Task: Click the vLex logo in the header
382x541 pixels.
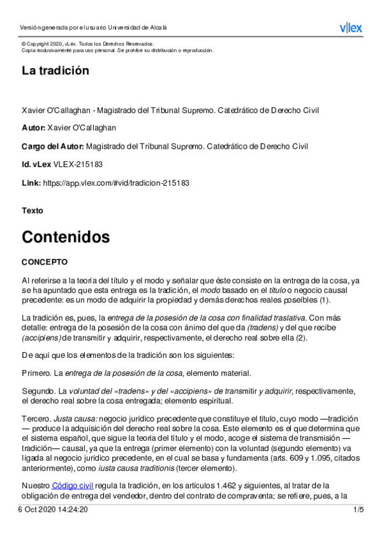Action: coord(350,27)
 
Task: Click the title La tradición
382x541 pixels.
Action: coord(55,71)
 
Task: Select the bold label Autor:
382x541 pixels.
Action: coord(33,128)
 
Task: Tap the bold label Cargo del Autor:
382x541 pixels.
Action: coord(52,146)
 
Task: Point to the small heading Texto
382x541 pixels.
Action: coord(33,210)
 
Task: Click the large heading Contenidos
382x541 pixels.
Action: coord(66,237)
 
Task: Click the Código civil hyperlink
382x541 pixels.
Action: coord(72,485)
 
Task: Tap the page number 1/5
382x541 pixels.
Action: coord(358,510)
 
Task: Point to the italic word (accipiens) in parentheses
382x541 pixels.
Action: coord(41,337)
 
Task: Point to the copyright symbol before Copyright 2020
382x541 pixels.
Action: coord(24,43)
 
